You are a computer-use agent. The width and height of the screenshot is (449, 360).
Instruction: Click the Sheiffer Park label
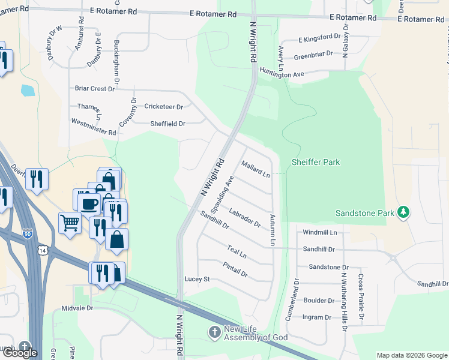(x=315, y=162)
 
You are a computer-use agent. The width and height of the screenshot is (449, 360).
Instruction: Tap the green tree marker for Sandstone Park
(x=405, y=212)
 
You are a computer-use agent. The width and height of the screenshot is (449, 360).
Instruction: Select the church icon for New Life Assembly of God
(x=215, y=332)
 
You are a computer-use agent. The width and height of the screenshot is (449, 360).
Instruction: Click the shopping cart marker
(x=70, y=223)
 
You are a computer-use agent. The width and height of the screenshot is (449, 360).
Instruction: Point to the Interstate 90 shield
(x=28, y=233)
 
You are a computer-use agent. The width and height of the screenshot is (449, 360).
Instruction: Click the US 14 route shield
(x=41, y=249)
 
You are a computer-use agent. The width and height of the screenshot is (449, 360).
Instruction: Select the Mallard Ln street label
(x=256, y=169)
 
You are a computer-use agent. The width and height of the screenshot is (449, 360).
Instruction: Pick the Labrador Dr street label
(x=245, y=217)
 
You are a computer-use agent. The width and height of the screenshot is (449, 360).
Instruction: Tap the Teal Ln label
(x=237, y=251)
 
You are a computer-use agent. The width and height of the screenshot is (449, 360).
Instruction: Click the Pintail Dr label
(x=234, y=269)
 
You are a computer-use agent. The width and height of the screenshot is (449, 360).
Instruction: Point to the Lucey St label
(x=196, y=279)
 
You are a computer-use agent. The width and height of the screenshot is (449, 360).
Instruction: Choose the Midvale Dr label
(x=77, y=308)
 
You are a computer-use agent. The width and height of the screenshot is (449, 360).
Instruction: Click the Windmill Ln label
(x=320, y=232)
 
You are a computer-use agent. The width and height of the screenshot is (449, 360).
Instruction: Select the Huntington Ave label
(x=282, y=74)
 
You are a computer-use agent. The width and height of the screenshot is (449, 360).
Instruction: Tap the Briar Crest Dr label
(x=94, y=88)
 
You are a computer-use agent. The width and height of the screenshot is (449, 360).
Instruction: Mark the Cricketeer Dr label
(x=163, y=106)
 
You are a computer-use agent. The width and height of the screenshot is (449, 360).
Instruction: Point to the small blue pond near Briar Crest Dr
(x=27, y=91)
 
